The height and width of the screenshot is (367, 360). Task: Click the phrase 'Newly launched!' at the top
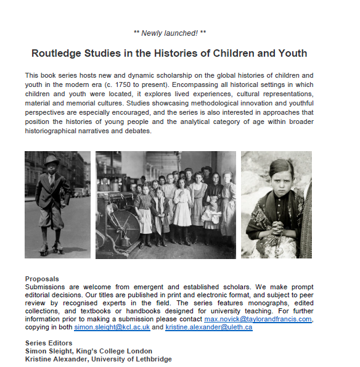169,33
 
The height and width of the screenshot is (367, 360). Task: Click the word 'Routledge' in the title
61,53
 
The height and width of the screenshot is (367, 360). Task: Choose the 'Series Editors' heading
49,343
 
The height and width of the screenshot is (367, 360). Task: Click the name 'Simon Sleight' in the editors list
49,351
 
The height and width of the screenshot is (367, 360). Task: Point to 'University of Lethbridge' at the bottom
130,359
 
